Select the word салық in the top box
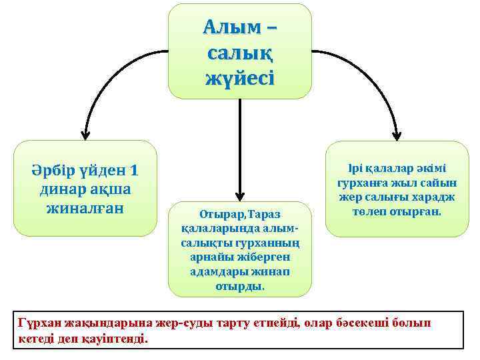pos(239,53)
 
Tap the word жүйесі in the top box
pos(239,77)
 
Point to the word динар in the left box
pos(61,189)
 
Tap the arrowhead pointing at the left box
pos(85,134)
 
